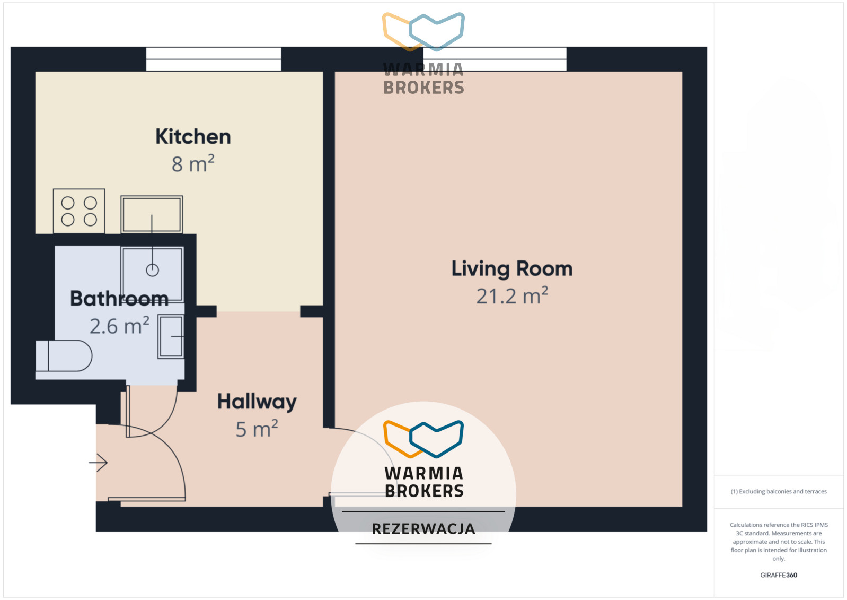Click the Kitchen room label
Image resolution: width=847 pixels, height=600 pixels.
[193, 137]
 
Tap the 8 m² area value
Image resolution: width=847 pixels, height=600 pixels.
[193, 164]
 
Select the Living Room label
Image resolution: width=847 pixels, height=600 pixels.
[512, 269]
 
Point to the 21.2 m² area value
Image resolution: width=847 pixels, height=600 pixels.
[512, 295]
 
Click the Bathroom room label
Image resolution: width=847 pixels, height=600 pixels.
[119, 299]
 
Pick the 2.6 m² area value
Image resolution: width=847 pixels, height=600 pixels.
[119, 326]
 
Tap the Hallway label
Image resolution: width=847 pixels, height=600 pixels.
[257, 402]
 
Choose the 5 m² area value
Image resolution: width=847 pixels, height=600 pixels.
[257, 429]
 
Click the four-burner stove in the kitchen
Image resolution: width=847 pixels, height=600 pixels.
[79, 211]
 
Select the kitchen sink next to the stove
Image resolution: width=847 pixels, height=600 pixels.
[152, 214]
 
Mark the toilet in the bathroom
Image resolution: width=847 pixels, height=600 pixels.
[64, 356]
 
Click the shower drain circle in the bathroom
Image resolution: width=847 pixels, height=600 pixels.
[152, 270]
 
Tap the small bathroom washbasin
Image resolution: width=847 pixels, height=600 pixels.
[171, 336]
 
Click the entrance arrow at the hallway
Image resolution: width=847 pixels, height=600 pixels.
[98, 463]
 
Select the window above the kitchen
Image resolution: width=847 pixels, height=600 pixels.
[214, 59]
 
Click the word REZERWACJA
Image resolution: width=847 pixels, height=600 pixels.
[423, 529]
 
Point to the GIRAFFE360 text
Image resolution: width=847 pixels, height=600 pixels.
[779, 575]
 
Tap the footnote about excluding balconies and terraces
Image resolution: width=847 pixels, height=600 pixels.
[779, 491]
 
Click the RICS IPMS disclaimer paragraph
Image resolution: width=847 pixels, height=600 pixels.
[779, 541]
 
